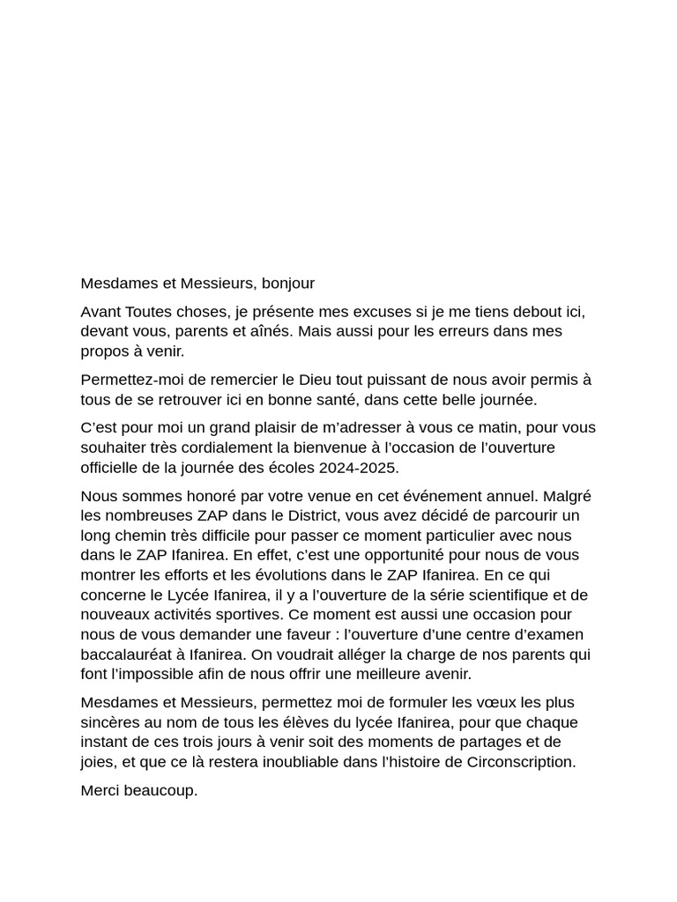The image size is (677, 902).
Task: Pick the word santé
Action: (375, 399)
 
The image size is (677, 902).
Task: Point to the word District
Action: (285, 516)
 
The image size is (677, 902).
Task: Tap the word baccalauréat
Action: (130, 654)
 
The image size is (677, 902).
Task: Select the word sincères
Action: (112, 722)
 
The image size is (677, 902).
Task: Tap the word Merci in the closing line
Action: (101, 790)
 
